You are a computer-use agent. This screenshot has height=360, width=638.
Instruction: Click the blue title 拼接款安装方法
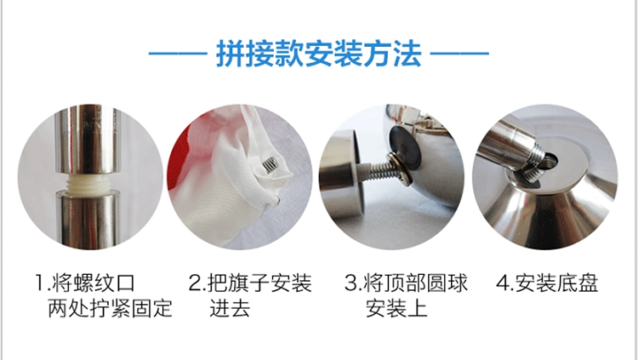point(319,54)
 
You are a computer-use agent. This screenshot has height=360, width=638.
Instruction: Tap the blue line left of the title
point(179,54)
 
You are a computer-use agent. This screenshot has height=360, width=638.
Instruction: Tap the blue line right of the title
point(459,54)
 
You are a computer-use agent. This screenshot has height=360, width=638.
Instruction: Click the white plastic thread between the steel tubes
point(87,185)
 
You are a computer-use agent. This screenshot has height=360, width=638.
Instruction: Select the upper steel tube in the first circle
point(87,140)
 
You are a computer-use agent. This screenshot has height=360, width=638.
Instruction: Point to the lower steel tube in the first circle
point(88,220)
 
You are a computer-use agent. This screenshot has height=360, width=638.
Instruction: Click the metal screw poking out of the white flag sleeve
point(270,164)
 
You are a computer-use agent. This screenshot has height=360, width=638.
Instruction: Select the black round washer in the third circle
point(405,147)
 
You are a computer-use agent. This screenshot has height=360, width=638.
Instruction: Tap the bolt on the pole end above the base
point(534,162)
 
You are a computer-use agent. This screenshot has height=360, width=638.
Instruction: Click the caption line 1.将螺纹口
point(84,283)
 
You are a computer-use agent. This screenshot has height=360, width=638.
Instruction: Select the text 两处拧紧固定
point(110,308)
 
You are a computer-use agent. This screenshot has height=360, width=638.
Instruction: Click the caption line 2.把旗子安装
point(250,283)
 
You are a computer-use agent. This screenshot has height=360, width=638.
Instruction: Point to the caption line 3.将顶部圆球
point(406,283)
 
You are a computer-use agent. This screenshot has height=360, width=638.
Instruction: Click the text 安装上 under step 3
point(396,308)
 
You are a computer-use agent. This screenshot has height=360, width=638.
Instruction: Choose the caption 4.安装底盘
point(547,283)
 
